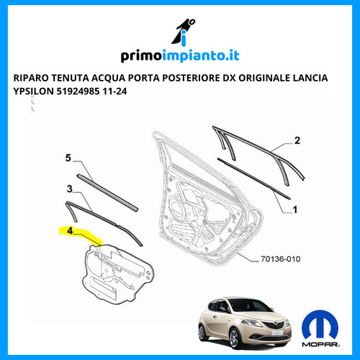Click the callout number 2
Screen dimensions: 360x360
297,140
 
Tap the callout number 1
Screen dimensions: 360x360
295,210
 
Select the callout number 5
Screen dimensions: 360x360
68,158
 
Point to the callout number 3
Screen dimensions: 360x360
70,189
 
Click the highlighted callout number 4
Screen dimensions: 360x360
70,230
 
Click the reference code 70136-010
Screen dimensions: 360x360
281,259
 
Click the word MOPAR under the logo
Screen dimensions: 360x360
320,345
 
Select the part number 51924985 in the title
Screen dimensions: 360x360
78,91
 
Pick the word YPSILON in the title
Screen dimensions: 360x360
34,91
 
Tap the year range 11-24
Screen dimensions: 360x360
114,91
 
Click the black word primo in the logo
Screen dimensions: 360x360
140,56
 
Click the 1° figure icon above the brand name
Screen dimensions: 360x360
183,32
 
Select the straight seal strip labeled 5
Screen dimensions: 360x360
107,193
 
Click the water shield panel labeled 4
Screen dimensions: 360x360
117,274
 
